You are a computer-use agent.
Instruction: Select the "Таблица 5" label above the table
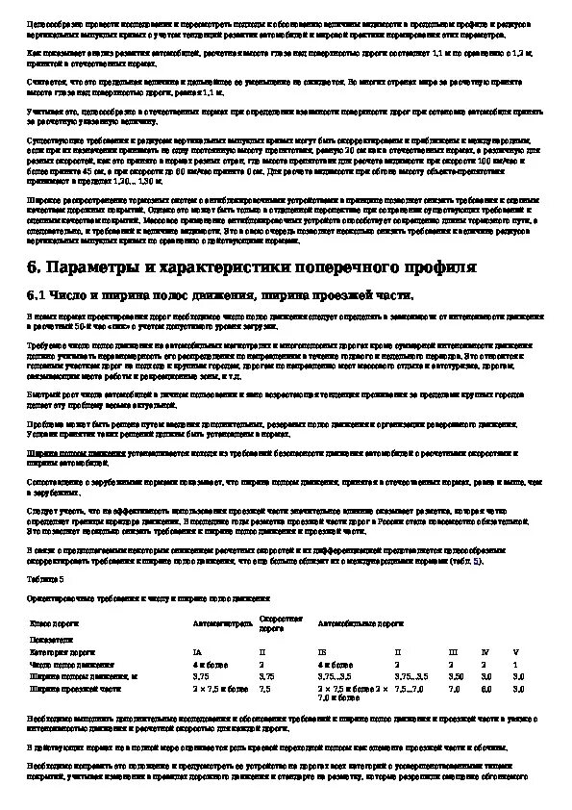click(47, 579)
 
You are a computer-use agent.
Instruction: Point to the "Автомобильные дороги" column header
click(361, 623)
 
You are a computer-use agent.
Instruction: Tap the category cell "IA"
click(197, 651)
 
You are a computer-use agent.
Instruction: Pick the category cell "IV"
click(485, 651)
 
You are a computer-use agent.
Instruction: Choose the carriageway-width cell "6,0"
click(486, 689)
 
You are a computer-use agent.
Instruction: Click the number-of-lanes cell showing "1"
click(515, 664)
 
